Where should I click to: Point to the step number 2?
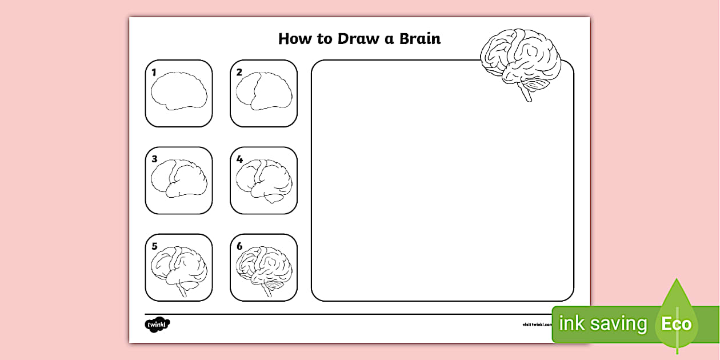click(x=239, y=73)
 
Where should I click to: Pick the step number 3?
click(x=154, y=159)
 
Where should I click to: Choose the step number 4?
click(x=239, y=159)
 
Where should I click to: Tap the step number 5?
click(x=154, y=246)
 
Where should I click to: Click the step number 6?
click(x=239, y=246)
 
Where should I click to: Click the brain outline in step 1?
click(x=179, y=91)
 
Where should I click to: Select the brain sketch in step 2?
click(x=264, y=91)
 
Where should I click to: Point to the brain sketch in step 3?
click(x=179, y=179)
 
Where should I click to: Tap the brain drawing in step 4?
click(x=264, y=179)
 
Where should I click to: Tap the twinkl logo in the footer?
click(x=157, y=325)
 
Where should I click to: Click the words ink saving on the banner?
click(x=602, y=324)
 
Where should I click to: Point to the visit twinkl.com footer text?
click(x=537, y=325)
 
